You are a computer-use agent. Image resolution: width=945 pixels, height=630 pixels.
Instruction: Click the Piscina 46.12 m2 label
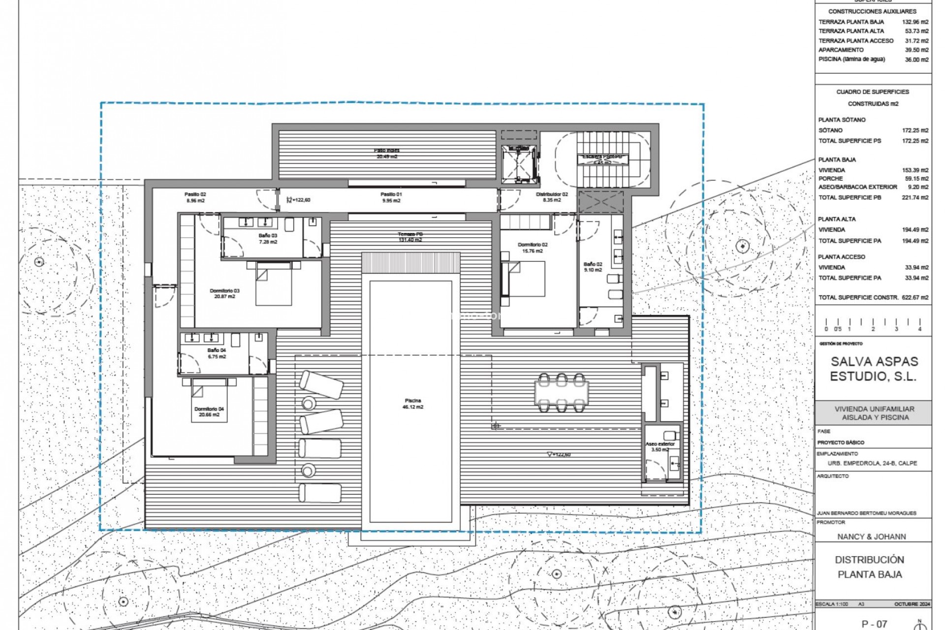pyautogui.click(x=413, y=404)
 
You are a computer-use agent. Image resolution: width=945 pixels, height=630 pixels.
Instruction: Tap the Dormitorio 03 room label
pyautogui.click(x=224, y=293)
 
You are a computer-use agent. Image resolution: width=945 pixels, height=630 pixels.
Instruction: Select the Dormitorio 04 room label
pyautogui.click(x=209, y=411)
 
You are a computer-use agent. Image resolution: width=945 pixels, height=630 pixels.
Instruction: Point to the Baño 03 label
pyautogui.click(x=268, y=239)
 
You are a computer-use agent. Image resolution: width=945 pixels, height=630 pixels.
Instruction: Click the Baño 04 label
pyautogui.click(x=217, y=353)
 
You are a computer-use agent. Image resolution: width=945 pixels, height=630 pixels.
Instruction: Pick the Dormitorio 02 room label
pyautogui.click(x=532, y=248)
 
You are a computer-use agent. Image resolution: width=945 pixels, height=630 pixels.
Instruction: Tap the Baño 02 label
pyautogui.click(x=593, y=267)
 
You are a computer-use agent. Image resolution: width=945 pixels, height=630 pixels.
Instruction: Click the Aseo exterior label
pyautogui.click(x=660, y=446)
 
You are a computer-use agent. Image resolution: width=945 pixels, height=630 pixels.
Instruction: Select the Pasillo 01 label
pyautogui.click(x=391, y=197)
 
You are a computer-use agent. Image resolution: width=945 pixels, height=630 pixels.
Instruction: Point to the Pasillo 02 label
pyautogui.click(x=195, y=197)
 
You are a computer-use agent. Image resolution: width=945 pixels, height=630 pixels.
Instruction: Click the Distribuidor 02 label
pyautogui.click(x=552, y=197)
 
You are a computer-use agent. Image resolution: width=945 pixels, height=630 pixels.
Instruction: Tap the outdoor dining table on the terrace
pyautogui.click(x=562, y=393)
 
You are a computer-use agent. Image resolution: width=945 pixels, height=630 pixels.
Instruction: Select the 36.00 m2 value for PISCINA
pyautogui.click(x=916, y=60)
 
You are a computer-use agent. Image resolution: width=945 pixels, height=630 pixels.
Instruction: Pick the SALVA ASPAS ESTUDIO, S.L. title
pyautogui.click(x=874, y=369)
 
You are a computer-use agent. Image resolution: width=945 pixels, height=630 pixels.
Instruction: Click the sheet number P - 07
pyautogui.click(x=874, y=624)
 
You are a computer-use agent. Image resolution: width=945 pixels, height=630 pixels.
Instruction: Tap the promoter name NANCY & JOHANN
pyautogui.click(x=872, y=536)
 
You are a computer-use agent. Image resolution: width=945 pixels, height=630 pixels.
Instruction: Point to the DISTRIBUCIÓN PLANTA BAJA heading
pyautogui.click(x=870, y=567)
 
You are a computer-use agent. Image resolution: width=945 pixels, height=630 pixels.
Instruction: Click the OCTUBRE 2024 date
pyautogui.click(x=912, y=604)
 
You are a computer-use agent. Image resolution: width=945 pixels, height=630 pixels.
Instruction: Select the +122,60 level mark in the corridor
pyautogui.click(x=301, y=200)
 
